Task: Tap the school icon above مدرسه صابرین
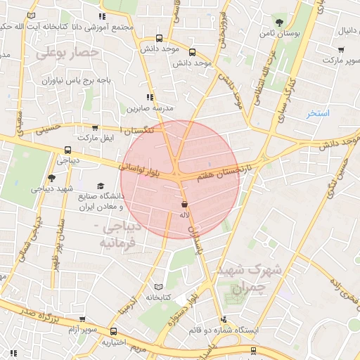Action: click(150, 98)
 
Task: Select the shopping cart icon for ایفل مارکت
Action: click(95, 128)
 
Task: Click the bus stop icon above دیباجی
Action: click(67, 149)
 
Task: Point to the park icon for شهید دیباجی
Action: click(51, 178)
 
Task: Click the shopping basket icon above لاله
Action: click(184, 204)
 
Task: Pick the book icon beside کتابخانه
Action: click(158, 288)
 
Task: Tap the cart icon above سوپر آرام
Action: click(82, 319)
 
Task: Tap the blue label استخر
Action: click(318, 113)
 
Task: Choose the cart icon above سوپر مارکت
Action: click(341, 50)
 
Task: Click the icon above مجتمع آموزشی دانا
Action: click(103, 15)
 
